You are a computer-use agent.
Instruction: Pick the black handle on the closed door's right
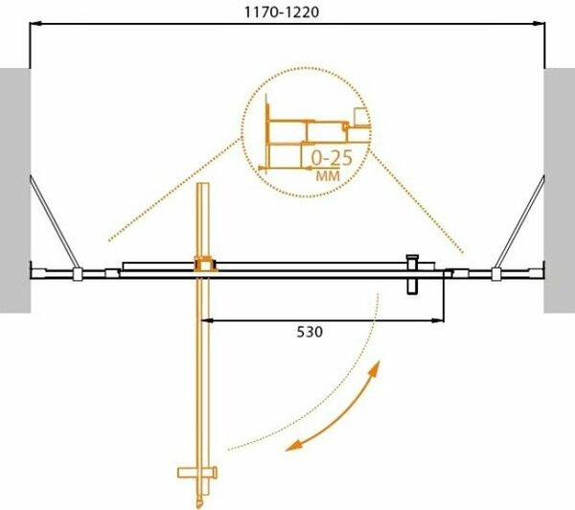(413, 276)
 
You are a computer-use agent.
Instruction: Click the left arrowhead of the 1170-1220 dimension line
(35, 26)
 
